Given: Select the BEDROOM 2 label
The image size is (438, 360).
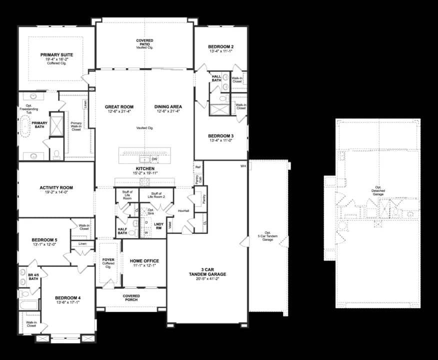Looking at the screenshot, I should pos(220,47).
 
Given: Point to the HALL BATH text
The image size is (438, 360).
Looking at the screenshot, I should pos(216,78).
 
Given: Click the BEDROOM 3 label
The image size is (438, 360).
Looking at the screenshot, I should pos(220,136).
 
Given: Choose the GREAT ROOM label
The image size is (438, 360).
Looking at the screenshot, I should pos(118,107).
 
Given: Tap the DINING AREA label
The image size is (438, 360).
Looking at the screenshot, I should pos(168,107).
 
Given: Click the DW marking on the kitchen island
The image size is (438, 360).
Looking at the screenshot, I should pos(154,159).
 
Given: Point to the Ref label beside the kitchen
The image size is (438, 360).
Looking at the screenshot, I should pos(198,167).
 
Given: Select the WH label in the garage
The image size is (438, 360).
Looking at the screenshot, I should pos(243,166).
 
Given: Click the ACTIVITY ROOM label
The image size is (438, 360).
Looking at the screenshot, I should pos(56,188).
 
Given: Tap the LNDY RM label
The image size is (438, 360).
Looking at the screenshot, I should pos(159,226).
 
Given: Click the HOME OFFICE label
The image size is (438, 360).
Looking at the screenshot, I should pos(144,261).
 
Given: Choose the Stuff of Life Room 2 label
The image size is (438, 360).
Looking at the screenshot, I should pos(157,194).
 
